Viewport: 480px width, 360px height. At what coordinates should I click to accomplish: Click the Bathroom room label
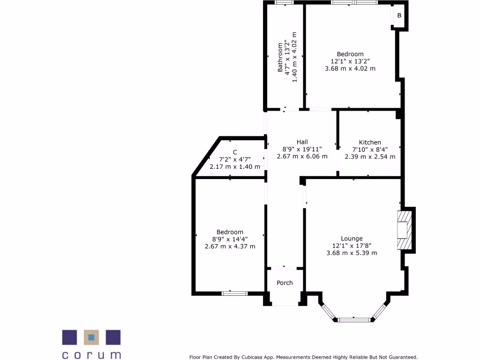click(280, 57)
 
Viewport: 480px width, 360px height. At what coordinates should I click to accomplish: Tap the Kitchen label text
click(370, 142)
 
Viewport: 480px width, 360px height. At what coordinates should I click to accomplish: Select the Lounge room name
click(352, 239)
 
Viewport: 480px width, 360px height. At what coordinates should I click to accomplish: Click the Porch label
click(285, 283)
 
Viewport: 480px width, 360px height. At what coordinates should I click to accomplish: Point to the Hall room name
click(302, 142)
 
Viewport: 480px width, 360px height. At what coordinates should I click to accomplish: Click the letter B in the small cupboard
click(399, 15)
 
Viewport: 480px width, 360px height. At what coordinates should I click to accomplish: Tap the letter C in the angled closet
click(235, 152)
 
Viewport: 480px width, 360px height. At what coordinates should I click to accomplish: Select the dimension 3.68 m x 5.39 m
click(352, 253)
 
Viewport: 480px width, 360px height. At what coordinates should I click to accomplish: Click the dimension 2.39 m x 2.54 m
click(370, 157)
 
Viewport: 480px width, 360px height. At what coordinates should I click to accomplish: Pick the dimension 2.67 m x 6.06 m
click(302, 156)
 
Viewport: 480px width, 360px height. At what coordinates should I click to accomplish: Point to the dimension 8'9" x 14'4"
click(230, 239)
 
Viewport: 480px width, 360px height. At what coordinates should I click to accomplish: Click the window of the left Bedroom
click(234, 293)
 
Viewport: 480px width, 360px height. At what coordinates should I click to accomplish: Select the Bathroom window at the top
click(282, 3)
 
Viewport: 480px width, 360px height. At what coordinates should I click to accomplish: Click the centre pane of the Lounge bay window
click(354, 320)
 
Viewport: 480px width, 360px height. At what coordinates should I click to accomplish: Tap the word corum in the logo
click(91, 355)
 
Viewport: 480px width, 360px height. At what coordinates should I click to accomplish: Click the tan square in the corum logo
click(91, 337)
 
